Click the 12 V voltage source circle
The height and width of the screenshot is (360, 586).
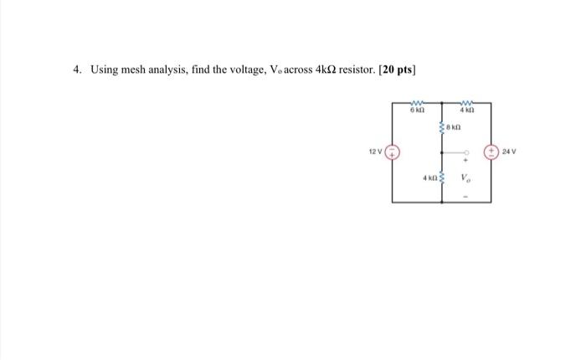pyautogui.click(x=393, y=152)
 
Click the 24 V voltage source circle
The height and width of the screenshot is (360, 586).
pyautogui.click(x=491, y=152)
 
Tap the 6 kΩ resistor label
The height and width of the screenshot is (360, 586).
pyautogui.click(x=417, y=111)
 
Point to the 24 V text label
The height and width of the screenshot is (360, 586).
pyautogui.click(x=512, y=152)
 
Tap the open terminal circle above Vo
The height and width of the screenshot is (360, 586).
pyautogui.click(x=466, y=152)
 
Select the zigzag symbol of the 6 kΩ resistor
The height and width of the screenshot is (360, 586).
pyautogui.click(x=417, y=103)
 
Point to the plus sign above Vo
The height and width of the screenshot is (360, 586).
pyautogui.click(x=466, y=162)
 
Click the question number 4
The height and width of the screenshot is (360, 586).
pyautogui.click(x=75, y=69)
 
